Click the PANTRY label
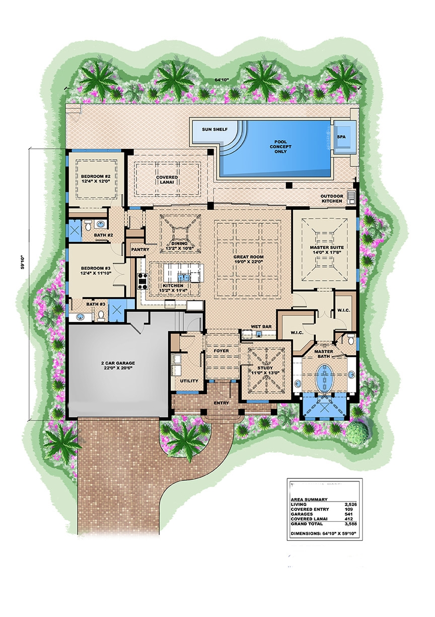[x=137, y=250]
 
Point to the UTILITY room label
[x=189, y=381]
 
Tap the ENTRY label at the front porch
[x=221, y=403]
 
